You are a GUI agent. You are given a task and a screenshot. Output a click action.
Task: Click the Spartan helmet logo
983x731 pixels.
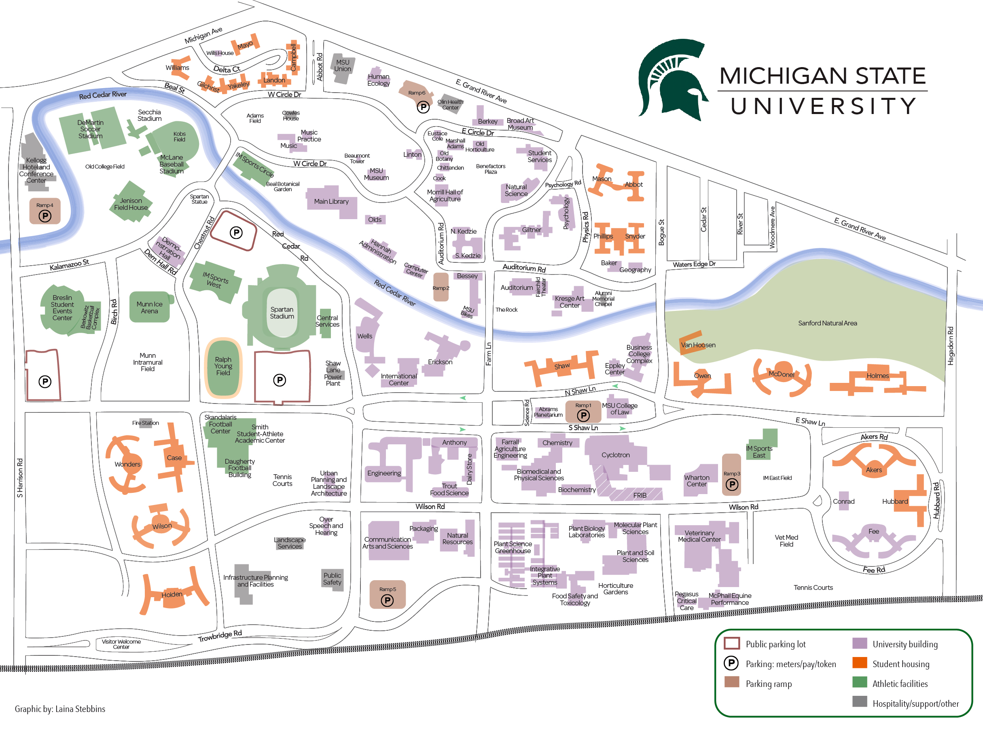(672, 80)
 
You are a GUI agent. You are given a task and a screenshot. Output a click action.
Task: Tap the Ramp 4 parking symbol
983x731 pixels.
(45, 216)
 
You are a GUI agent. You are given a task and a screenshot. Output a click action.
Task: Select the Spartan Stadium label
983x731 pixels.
(282, 313)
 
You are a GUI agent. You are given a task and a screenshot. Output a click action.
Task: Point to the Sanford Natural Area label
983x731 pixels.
(827, 323)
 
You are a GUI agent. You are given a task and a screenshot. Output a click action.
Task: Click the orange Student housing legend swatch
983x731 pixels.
(859, 663)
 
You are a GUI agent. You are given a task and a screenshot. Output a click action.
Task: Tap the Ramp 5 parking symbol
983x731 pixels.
(387, 600)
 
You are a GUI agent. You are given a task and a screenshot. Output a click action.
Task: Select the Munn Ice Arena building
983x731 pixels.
(150, 307)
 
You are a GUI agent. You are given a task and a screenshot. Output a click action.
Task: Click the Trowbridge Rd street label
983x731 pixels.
(220, 636)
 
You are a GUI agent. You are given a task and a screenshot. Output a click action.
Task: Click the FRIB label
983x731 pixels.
(640, 495)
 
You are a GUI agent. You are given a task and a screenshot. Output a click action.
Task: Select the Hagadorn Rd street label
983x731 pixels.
(950, 346)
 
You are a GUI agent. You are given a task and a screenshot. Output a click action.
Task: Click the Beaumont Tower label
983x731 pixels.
(357, 158)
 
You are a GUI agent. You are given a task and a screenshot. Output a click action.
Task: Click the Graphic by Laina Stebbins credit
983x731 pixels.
(60, 709)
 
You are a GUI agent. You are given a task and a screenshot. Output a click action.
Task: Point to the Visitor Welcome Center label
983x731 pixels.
(121, 644)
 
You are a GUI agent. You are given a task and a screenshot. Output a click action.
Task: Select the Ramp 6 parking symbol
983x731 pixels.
(423, 107)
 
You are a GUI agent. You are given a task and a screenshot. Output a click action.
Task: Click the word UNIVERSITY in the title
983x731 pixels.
(823, 106)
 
